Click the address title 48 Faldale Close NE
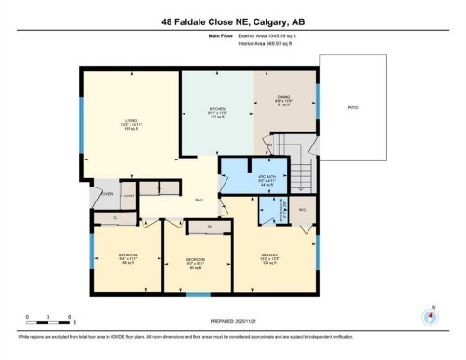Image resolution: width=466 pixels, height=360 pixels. click(232, 20)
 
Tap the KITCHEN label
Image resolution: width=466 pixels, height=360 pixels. click(216, 110)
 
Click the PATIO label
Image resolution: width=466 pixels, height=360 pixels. click(352, 107)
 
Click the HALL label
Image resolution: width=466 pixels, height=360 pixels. click(199, 200)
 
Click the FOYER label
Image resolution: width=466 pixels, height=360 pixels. click(106, 195)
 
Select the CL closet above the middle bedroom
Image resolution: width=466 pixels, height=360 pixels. click(210, 227)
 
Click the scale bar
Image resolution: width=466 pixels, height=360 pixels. click(43, 321)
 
